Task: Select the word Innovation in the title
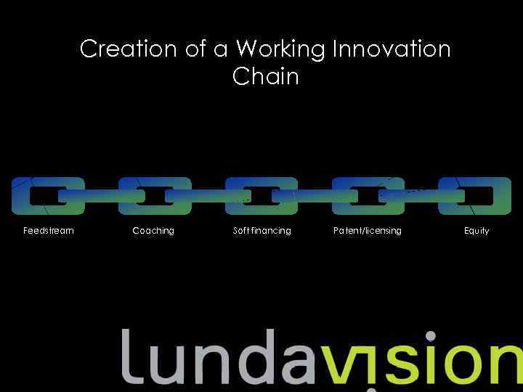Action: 392,49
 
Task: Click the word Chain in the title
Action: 266,76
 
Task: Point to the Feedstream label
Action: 49,231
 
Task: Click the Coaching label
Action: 153,231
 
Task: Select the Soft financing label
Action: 261,231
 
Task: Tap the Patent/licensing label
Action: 367,231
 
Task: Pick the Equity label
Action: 477,231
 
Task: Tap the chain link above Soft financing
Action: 261,182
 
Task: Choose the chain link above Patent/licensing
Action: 368,182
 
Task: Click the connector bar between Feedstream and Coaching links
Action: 102,196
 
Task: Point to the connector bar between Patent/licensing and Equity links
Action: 421,196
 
